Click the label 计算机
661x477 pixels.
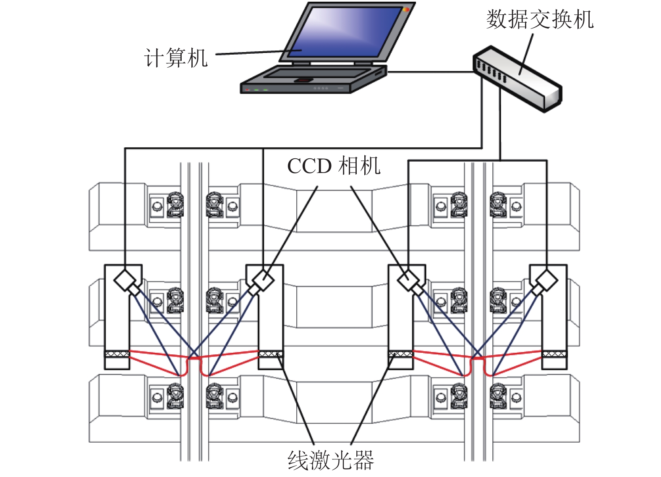[x=175, y=58]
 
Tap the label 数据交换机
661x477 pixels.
[x=540, y=20]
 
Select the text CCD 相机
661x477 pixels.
[x=334, y=166]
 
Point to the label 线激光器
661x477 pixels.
[x=331, y=461]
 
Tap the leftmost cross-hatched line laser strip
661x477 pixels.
[x=117, y=354]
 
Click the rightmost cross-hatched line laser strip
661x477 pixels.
[x=554, y=354]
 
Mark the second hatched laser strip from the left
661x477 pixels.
[x=271, y=354]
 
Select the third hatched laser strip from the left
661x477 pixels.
[x=401, y=354]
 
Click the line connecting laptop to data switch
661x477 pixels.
[x=430, y=72]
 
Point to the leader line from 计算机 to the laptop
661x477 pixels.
[x=252, y=53]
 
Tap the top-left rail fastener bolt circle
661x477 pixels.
[x=157, y=206]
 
